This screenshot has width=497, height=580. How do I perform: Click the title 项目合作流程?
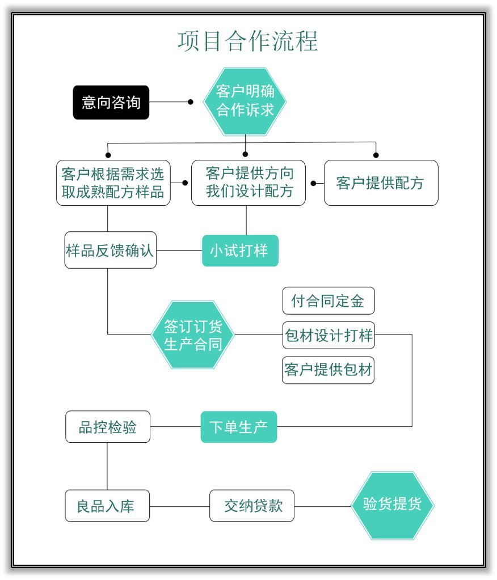248,41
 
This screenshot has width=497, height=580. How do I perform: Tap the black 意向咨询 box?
111,103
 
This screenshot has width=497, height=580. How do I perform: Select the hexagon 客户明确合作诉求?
245,101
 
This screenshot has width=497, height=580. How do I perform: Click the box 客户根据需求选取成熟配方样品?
113,183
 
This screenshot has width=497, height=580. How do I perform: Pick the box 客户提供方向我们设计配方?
248,183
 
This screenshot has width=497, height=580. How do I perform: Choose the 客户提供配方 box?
381,183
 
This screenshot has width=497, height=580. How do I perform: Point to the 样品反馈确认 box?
110,250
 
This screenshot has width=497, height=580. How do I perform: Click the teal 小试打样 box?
240,251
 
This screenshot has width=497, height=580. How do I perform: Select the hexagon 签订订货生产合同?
193,335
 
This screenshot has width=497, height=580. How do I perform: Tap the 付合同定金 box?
328,300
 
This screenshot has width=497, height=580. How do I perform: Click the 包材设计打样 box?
328,335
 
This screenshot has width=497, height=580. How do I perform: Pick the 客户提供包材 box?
328,370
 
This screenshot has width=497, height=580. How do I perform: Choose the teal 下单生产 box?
239,427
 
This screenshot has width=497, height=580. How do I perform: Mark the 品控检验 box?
108,427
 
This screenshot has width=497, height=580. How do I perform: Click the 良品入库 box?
107,506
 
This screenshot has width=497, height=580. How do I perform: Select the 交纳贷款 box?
252,506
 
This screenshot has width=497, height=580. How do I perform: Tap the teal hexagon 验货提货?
392,505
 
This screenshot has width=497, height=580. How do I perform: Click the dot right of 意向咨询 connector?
191,102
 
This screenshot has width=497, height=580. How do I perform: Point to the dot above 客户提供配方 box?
376,155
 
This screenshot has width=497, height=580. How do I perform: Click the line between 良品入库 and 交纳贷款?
179,506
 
